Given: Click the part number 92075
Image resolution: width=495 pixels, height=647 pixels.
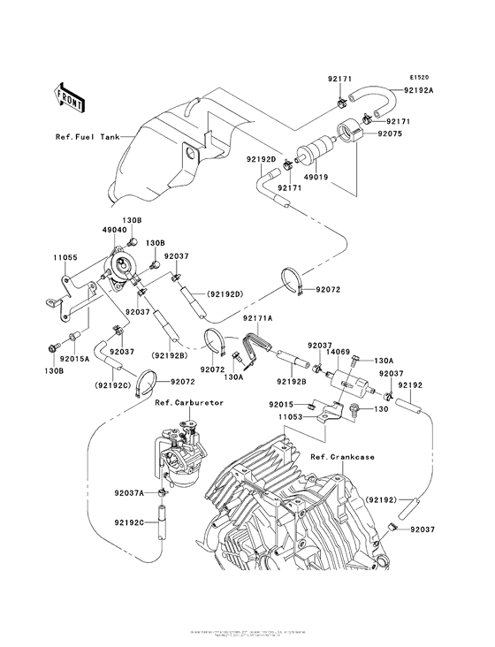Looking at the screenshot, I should coord(391,135).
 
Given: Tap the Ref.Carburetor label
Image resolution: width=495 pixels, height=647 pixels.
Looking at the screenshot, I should coord(189,402).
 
